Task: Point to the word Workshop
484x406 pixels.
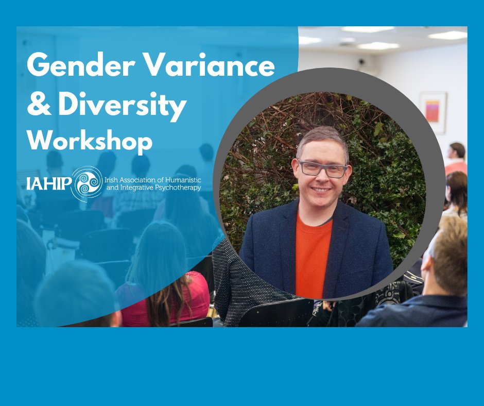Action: click(x=90, y=140)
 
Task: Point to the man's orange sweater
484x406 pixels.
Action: click(x=313, y=252)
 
